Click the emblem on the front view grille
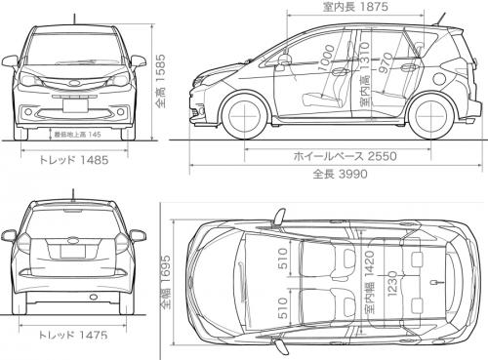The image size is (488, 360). tap(74, 82)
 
